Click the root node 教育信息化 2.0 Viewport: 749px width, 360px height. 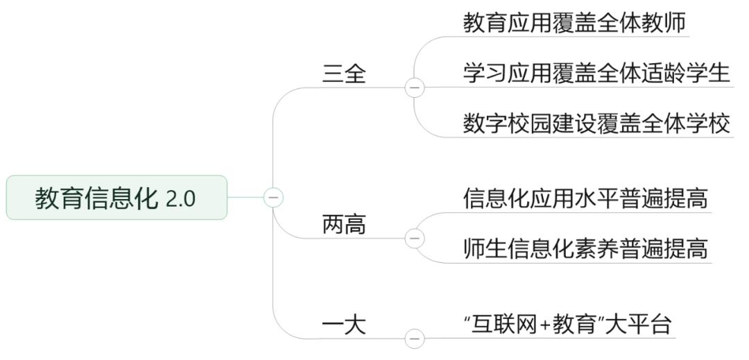tap(117, 198)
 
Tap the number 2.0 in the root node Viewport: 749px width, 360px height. tap(180, 199)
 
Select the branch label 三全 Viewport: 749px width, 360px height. tap(343, 74)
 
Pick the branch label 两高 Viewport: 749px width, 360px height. tap(343, 225)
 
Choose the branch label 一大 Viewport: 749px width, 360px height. tap(343, 324)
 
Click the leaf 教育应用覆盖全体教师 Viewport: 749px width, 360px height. tap(574, 23)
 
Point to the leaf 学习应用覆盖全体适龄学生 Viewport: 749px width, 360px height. tap(596, 73)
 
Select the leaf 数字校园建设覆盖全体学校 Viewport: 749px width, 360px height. tap(596, 123)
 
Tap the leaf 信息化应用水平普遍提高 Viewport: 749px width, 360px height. tap(585, 199)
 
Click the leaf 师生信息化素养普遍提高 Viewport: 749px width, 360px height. tap(585, 248)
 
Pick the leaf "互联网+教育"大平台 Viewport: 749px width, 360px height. tap(567, 324)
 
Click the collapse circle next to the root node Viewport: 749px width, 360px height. tap(273, 198)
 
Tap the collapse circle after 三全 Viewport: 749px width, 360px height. tap(415, 88)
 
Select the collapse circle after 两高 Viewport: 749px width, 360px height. tap(415, 238)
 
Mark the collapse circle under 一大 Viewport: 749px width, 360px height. tap(415, 338)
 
